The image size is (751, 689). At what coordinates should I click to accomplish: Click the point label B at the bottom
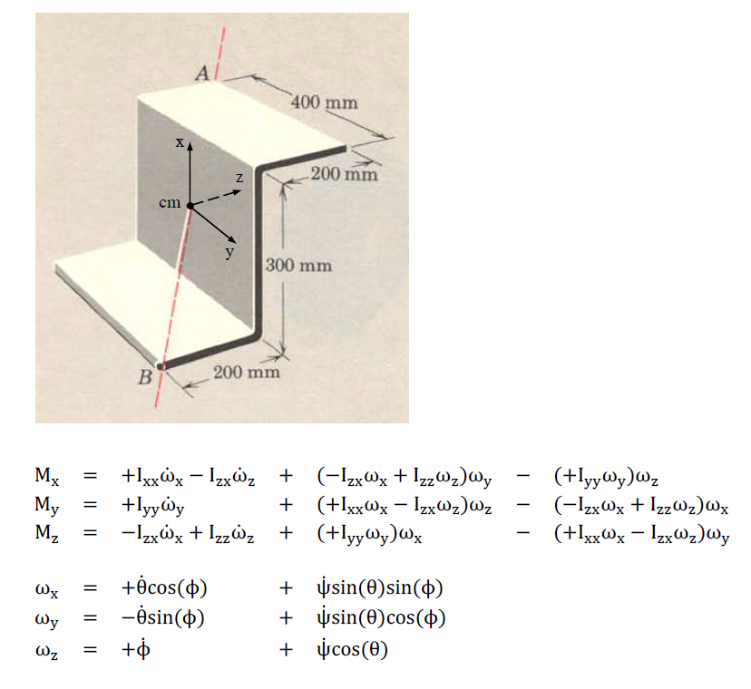click(144, 377)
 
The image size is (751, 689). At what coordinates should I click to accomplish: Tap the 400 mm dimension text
click(324, 102)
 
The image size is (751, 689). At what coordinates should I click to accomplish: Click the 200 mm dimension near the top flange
click(343, 173)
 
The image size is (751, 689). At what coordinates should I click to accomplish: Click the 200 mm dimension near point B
click(246, 372)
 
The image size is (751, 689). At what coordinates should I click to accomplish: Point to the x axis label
click(180, 141)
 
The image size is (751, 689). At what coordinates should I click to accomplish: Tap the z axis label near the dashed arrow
click(239, 179)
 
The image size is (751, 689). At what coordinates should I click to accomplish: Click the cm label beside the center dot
click(169, 203)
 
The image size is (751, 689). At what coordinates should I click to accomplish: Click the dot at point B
click(161, 366)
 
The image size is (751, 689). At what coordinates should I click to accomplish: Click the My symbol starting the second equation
click(47, 504)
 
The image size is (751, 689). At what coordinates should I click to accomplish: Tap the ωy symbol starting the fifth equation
click(47, 619)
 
